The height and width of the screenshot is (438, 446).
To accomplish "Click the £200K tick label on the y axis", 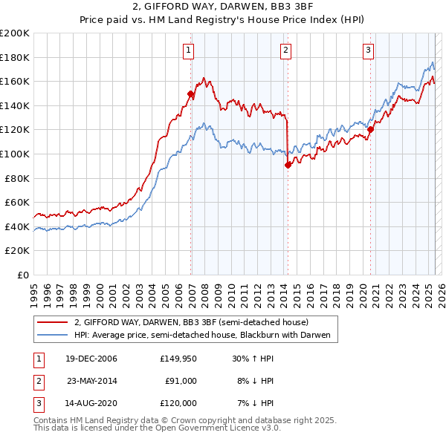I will tap(15, 33).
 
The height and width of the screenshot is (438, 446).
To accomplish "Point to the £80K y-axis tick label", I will tap(17, 178).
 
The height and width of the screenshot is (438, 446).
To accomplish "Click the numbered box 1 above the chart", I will tap(189, 50).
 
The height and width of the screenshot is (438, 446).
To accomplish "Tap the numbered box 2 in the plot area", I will tap(286, 50).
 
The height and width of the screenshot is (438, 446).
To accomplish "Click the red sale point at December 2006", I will tap(191, 94).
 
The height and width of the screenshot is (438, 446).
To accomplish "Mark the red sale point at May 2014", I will tap(288, 166).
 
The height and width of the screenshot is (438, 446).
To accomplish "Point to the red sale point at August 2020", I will tap(370, 130).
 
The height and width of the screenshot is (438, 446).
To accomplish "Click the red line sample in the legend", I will tap(52, 322).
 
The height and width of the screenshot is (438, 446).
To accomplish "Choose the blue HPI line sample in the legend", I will tap(52, 336).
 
